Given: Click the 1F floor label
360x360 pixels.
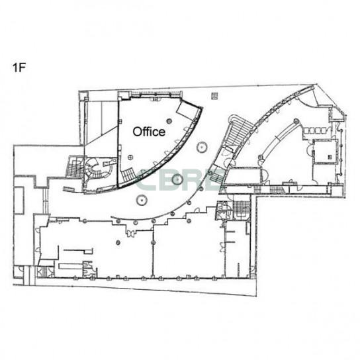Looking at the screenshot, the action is tap(19, 67).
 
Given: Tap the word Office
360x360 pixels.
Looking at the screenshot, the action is tap(149, 132).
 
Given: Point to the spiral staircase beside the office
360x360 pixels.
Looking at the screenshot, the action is tap(94, 169).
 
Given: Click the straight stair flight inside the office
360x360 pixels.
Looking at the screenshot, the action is tap(128, 175).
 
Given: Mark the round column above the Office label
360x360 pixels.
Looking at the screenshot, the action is tap(169, 120).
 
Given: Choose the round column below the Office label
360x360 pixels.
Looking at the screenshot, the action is tap(130, 157).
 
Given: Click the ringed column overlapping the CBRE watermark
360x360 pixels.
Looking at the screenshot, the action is tap(177, 179).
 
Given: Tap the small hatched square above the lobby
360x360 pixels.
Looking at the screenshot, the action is tap(214, 96).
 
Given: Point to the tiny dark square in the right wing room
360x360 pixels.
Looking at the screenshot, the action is tap(330, 157).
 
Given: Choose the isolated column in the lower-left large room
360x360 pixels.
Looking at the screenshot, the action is tap(118, 242).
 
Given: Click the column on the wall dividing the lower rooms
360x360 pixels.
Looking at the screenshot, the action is tap(153, 242).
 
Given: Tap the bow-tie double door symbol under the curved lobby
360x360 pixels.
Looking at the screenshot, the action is tap(131, 234).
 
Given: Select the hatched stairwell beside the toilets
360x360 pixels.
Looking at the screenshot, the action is tap(242, 209).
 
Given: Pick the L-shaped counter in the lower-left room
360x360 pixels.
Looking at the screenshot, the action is tap(78, 251).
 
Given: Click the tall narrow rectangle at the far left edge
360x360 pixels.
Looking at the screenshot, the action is tap(19, 201).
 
